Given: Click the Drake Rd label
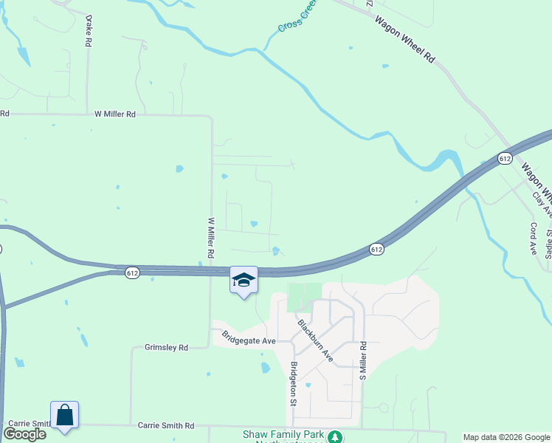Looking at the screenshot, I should tap(88, 31).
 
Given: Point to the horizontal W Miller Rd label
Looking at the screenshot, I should tap(115, 114).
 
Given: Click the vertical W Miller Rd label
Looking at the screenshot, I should tap(211, 237).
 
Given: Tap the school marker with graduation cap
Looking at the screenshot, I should tap(244, 280).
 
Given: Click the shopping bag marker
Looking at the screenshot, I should tap(64, 416).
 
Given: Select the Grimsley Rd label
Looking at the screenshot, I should tap(166, 347).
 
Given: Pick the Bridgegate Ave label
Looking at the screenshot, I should tap(249, 337).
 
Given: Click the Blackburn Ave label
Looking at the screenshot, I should tap(315, 340).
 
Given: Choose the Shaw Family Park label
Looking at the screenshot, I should tap(283, 434).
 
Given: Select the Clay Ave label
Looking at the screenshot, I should tap(542, 205).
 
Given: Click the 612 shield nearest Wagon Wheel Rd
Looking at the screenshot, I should tap(505, 159).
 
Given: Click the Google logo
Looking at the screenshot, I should tap(24, 434).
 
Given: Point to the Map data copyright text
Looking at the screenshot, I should tap(507, 437).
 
